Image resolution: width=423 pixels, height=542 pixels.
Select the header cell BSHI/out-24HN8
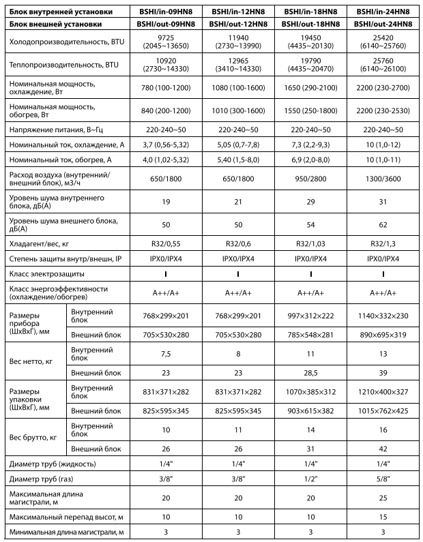[383, 24]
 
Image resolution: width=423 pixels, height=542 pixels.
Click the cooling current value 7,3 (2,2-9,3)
[310, 145]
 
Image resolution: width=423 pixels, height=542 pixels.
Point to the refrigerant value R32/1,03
[310, 243]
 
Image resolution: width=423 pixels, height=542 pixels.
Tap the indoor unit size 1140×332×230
[383, 316]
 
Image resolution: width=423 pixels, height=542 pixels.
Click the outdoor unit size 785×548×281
[310, 335]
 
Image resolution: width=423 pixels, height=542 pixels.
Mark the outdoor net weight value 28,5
[310, 373]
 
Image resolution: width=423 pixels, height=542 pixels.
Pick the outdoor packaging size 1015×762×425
[383, 412]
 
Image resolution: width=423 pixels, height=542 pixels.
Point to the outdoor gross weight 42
[383, 449]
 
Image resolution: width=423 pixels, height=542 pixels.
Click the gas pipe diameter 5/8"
[383, 479]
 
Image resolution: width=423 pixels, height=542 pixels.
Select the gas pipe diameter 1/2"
[310, 479]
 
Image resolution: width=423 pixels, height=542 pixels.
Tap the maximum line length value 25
[383, 498]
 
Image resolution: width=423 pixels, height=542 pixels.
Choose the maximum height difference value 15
[383, 517]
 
